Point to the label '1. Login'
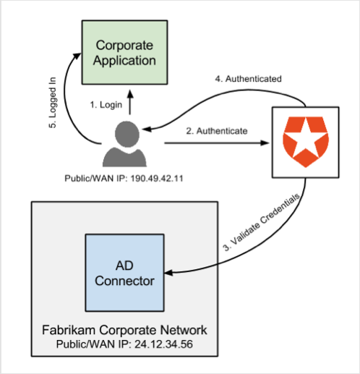105,104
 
